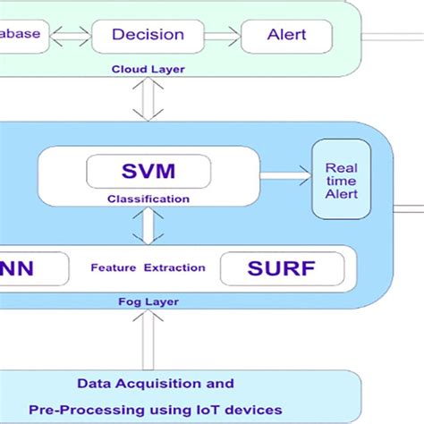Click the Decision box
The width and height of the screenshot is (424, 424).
[x=148, y=36]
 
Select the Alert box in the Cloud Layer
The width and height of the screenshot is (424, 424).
[x=286, y=36]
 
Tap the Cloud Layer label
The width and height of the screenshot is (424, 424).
[x=143, y=69]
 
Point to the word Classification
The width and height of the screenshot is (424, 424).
[x=148, y=199]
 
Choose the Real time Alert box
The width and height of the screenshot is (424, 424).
[x=341, y=179]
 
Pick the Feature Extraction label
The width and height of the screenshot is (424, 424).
[x=148, y=267]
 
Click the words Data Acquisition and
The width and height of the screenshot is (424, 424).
[x=155, y=384]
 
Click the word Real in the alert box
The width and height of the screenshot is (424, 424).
[x=341, y=167]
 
